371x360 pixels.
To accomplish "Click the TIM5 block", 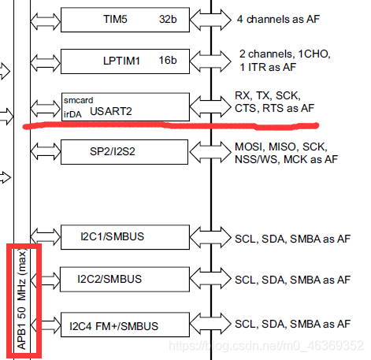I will [126, 18].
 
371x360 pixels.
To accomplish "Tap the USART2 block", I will [126, 106].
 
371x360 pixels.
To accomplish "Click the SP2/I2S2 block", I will [126, 153].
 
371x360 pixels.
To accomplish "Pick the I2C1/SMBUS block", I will [126, 236].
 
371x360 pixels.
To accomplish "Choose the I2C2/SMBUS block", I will [126, 279].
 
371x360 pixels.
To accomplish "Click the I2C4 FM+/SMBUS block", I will [126, 323].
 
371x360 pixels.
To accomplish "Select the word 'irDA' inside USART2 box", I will [73, 113].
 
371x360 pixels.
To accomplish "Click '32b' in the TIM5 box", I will [167, 18].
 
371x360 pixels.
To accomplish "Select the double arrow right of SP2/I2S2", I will [210, 153].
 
